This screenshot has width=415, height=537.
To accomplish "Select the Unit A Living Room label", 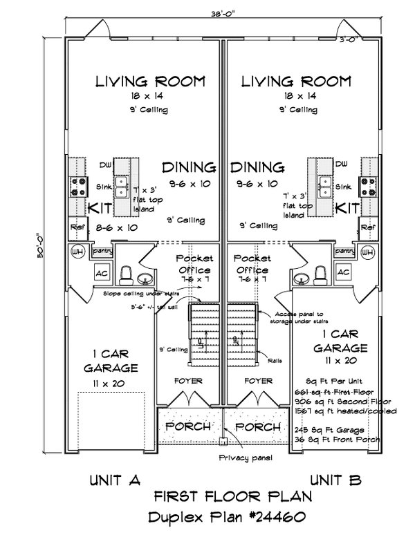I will click(150, 82).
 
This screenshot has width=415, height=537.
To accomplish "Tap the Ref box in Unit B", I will click(367, 227).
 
